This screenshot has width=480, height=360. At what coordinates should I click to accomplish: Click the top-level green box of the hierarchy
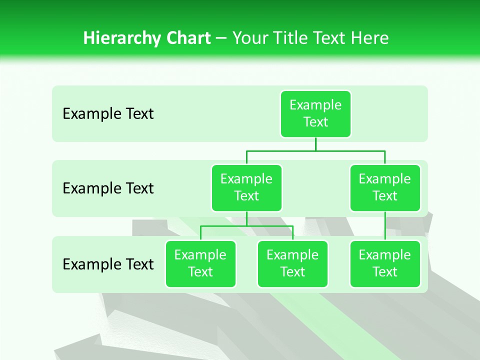pos(315,113)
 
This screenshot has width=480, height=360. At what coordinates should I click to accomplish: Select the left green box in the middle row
pos(246,187)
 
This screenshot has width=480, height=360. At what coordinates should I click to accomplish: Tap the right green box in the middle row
pos(385,187)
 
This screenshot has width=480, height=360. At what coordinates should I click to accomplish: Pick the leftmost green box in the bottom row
pos(200,263)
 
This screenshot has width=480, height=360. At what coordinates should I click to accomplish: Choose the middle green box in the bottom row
pos(292,263)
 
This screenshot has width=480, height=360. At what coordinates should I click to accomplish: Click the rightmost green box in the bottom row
pos(385,263)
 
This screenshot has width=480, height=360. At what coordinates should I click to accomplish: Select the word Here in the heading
pos(370,38)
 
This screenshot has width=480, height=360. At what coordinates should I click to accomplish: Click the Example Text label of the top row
pos(108,114)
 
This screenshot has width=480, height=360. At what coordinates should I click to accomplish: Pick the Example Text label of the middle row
pos(108,188)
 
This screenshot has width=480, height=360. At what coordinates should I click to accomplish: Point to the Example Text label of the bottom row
pos(108,264)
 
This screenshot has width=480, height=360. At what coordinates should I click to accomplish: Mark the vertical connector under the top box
pos(315,144)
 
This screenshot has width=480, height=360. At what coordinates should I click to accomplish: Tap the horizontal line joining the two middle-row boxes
pos(315,150)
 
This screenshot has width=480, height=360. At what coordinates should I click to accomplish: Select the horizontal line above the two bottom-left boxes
pos(246,226)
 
